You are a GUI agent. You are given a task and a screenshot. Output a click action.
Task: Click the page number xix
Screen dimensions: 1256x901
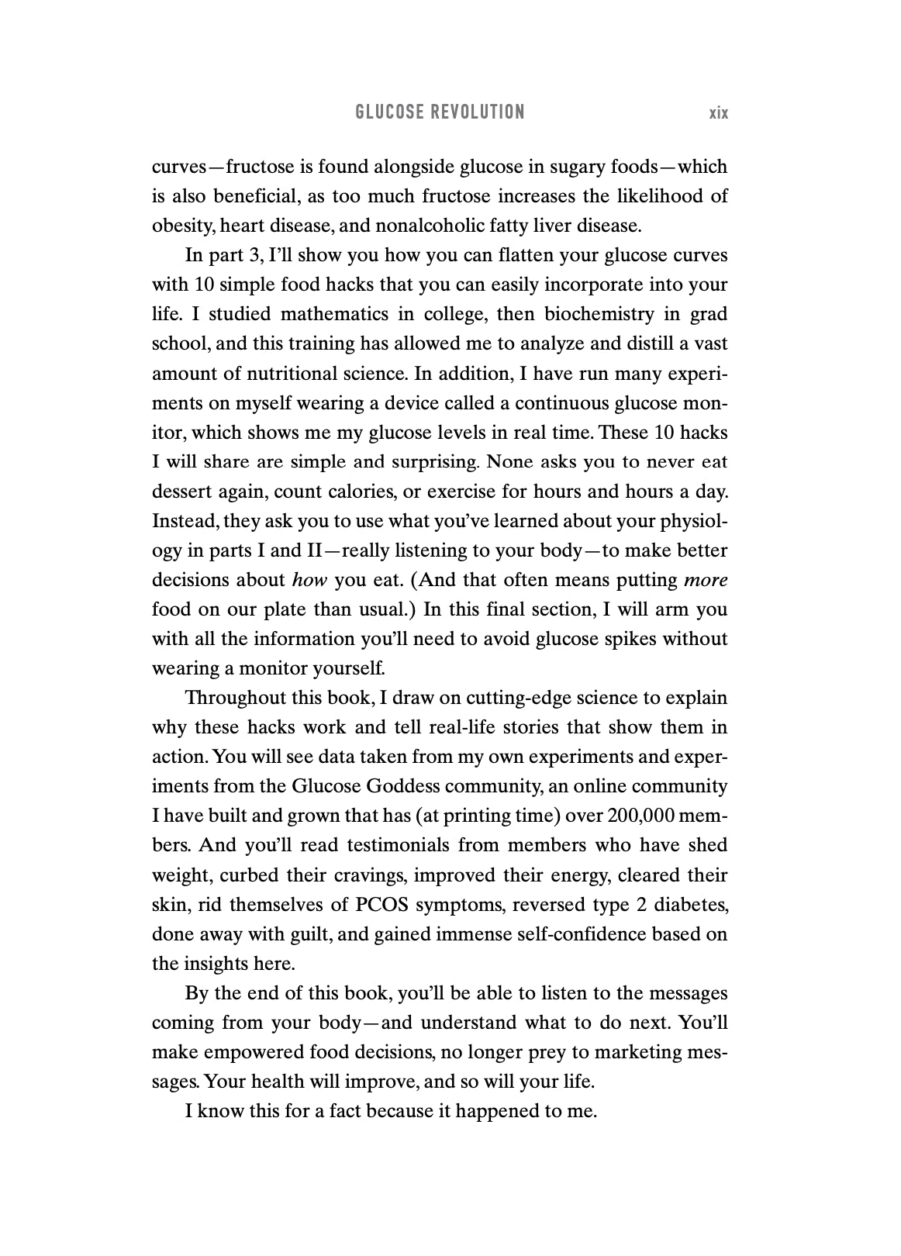718,113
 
